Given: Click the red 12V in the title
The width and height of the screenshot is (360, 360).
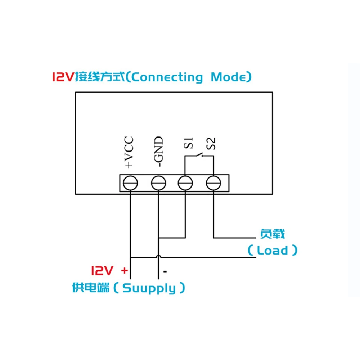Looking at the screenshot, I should click(63, 77).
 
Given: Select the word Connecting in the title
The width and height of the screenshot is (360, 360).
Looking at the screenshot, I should click(168, 77).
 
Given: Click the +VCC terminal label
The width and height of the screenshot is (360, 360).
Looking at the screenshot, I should click(129, 152).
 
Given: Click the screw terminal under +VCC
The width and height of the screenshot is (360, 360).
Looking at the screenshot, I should click(130, 183).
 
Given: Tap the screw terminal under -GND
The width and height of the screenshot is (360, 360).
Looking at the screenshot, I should click(158, 183).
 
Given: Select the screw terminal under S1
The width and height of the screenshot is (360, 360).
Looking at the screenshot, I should click(186, 183).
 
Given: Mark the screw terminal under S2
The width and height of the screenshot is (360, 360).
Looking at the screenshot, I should click(213, 183).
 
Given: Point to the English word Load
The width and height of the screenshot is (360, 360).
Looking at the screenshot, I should click(273, 250).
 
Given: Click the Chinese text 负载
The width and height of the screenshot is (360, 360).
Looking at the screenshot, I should click(272, 234).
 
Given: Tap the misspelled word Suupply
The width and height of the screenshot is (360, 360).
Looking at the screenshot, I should click(150, 288).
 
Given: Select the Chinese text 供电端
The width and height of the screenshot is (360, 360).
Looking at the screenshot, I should click(90, 288).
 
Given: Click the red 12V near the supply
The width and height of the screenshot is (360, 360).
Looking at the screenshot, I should click(103, 270).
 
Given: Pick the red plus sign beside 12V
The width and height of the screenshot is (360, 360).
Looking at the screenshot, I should click(124, 270).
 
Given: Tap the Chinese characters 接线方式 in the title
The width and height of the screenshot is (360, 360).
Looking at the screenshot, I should click(99, 77).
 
